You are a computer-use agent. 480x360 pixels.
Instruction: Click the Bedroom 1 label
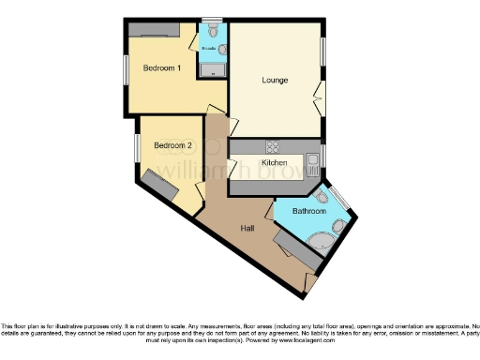pyautogui.click(x=160, y=68)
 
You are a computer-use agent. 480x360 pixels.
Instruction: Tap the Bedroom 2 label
pyautogui.click(x=172, y=145)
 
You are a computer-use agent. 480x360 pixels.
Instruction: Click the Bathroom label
pyautogui.click(x=308, y=212)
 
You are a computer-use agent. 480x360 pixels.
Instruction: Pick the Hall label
pyautogui.click(x=247, y=228)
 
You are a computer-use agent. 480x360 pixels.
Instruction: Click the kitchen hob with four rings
pyautogui.click(x=275, y=146)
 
